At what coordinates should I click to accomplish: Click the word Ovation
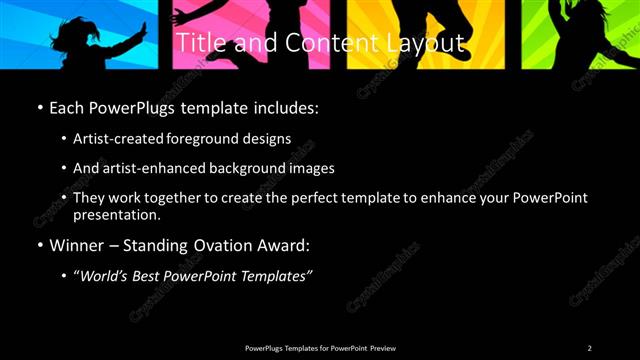tap(231, 245)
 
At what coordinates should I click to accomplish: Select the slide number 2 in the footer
tap(589, 348)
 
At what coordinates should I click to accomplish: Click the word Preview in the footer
tap(383, 348)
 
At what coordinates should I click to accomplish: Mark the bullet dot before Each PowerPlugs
tap(39, 107)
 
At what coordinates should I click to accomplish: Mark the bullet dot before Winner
tap(39, 245)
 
